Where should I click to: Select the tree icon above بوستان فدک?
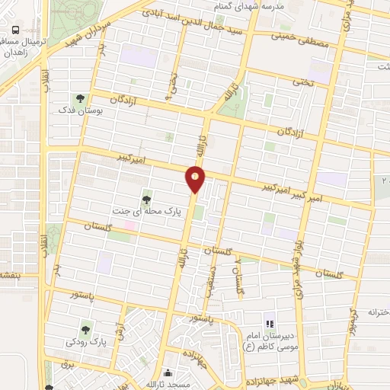[x=79, y=98]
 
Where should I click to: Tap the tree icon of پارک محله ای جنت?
[x=145, y=200]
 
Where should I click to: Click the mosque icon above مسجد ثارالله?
[x=168, y=374]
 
